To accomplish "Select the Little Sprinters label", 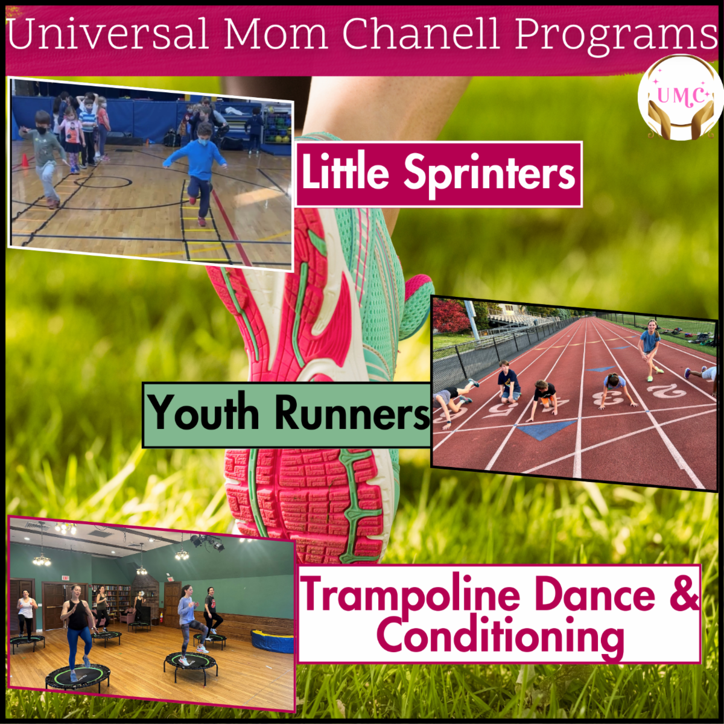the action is pos(439,174).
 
